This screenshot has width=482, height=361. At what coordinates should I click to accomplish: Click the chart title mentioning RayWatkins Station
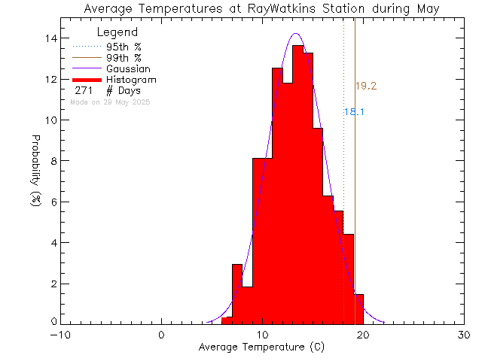[262, 9]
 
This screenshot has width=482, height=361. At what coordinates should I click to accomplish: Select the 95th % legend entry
[123, 46]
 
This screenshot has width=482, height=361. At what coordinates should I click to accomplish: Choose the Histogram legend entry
[131, 80]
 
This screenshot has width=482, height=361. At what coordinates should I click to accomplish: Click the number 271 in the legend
[84, 91]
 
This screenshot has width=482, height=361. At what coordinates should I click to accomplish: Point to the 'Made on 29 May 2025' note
[110, 102]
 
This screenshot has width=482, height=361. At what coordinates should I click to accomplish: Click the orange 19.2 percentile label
[366, 86]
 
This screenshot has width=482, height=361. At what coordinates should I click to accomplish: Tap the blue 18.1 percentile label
[354, 112]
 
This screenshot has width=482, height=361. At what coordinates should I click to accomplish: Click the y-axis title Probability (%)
[35, 173]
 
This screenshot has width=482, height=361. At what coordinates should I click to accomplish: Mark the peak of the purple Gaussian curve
[296, 34]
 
